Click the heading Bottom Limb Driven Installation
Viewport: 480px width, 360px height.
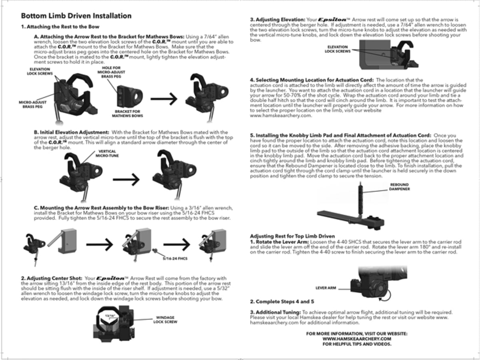tap(76, 16)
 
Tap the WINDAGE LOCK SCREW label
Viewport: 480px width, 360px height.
tap(165, 320)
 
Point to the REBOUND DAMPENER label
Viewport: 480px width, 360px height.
tap(399, 187)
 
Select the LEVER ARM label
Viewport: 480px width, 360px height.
tap(326, 288)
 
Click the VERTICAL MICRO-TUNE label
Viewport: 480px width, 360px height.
tap(107, 154)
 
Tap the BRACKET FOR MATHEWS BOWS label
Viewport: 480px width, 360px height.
tap(127, 114)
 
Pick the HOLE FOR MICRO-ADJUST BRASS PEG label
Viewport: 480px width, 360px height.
tap(111, 72)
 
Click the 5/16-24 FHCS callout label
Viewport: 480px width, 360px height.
tap(175, 258)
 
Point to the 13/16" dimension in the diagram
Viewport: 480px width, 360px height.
tap(110, 316)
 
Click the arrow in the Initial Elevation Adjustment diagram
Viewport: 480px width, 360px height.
tap(126, 180)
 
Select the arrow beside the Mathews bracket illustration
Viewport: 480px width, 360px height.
tap(164, 99)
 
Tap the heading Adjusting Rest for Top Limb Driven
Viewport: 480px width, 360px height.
tap(292, 236)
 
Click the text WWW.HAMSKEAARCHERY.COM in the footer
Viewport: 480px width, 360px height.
tap(357, 339)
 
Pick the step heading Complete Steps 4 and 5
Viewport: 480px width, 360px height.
tap(282, 302)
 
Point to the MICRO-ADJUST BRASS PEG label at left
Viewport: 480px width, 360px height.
tap(32, 104)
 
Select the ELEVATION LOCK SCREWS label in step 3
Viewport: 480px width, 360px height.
tap(338, 49)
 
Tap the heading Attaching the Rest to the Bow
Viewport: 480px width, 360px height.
tap(60, 27)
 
